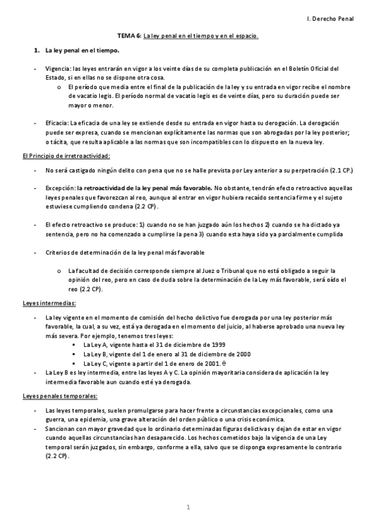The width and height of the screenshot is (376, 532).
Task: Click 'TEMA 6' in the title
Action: coord(129,36)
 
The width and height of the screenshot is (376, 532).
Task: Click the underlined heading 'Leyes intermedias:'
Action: coord(49,303)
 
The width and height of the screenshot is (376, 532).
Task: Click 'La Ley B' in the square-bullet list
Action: coord(96,354)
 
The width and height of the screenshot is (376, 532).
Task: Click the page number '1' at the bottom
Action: coord(188,506)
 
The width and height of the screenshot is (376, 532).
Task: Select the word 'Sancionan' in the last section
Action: coord(62,428)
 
